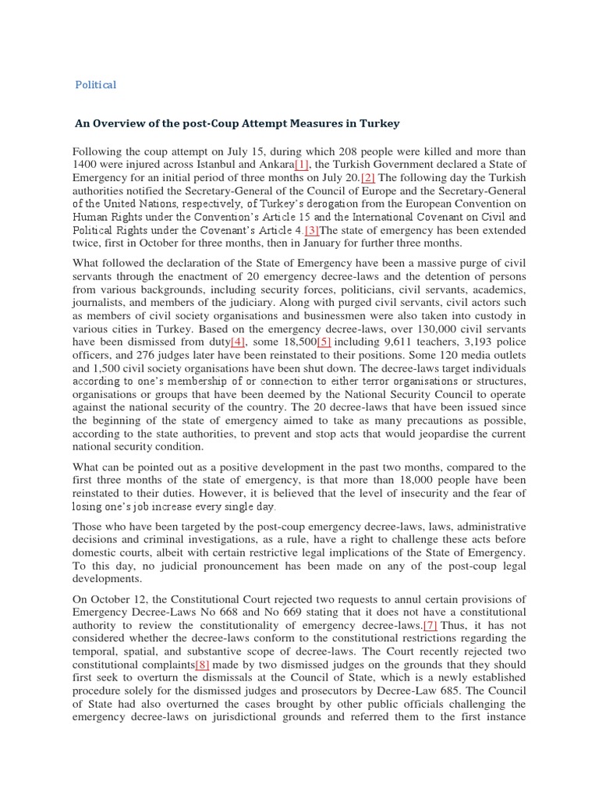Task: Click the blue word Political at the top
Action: [95, 84]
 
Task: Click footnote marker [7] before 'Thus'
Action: [430, 625]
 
